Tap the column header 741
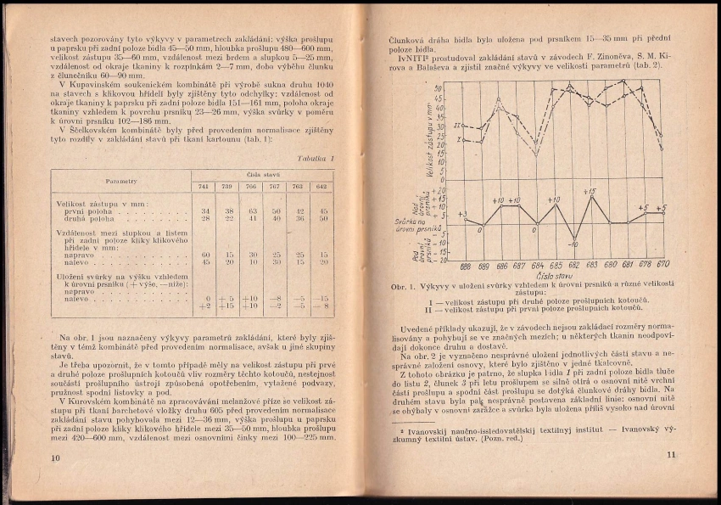(204, 187)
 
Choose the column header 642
(323, 187)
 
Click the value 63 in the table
(252, 210)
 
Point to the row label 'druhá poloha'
(87, 218)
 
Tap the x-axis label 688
(466, 266)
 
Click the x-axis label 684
(534, 266)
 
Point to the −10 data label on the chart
(573, 244)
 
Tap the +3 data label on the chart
(462, 215)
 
